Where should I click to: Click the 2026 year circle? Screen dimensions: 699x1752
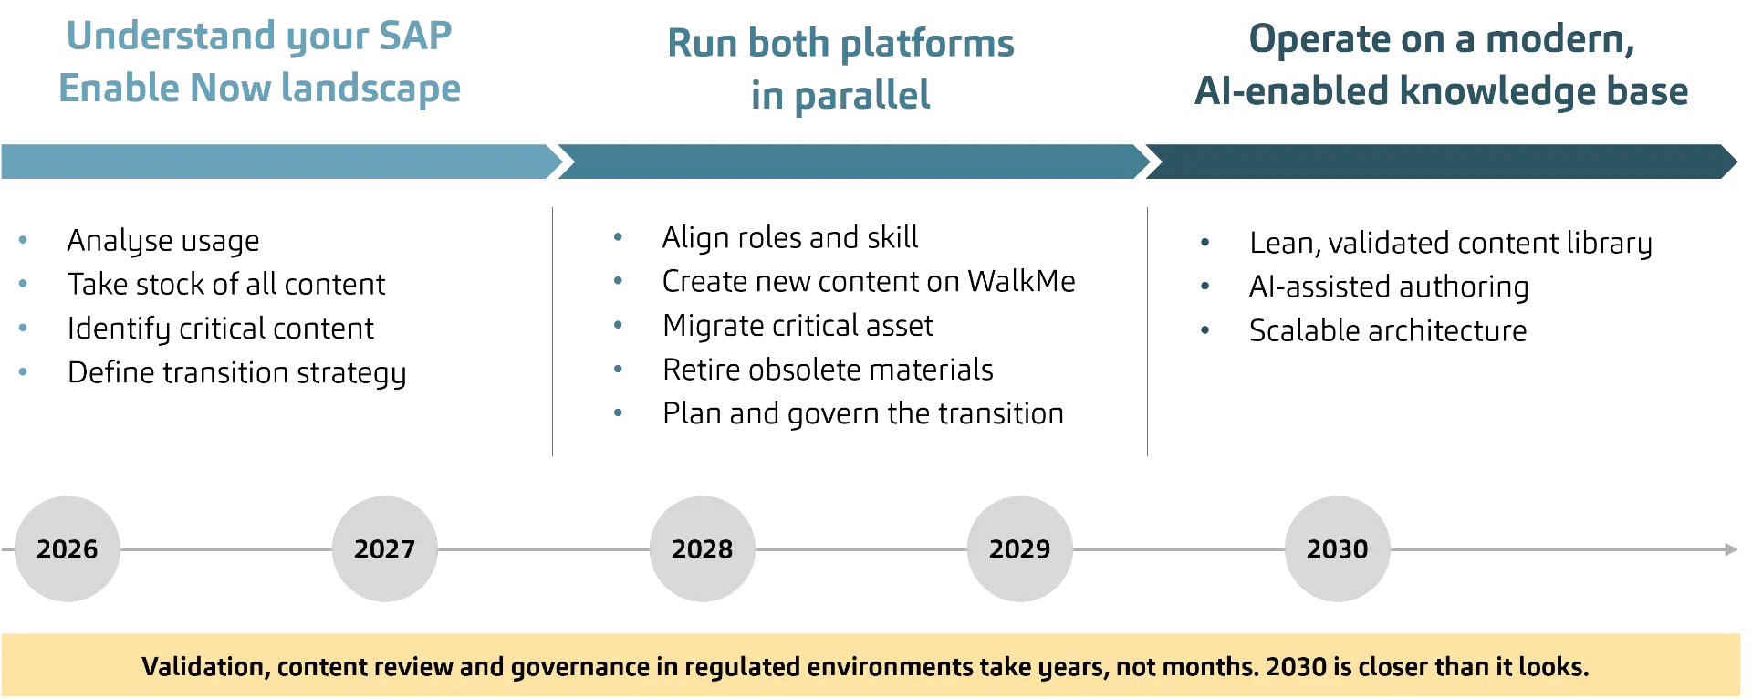(x=68, y=549)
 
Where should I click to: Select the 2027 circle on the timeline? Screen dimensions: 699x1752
(x=383, y=549)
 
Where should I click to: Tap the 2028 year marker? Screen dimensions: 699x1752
(x=703, y=549)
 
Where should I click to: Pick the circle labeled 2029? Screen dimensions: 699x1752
(x=1019, y=549)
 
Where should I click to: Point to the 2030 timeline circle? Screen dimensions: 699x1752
(x=1338, y=549)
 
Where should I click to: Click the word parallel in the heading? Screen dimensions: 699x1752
(x=861, y=94)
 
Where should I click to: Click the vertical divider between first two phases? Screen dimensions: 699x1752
(x=551, y=331)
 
